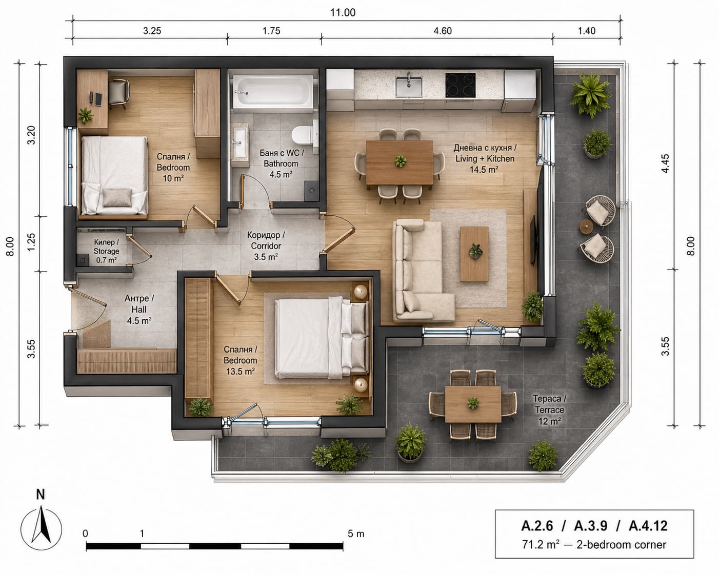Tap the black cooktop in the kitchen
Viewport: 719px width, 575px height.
[460, 85]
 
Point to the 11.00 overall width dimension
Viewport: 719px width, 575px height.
[343, 13]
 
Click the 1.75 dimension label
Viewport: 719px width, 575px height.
[271, 31]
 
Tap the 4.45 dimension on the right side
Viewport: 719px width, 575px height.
[665, 163]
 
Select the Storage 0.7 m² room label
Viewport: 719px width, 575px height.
[106, 251]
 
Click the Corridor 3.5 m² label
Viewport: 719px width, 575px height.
[266, 246]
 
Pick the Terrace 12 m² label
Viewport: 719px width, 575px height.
[550, 409]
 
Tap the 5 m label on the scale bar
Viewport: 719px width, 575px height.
[356, 534]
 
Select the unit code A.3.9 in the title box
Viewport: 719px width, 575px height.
[591, 526]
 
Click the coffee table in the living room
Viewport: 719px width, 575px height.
[474, 254]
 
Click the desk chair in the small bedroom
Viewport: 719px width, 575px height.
[118, 93]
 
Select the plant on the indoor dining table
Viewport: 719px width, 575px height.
[400, 161]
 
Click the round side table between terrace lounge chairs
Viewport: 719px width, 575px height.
[586, 227]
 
